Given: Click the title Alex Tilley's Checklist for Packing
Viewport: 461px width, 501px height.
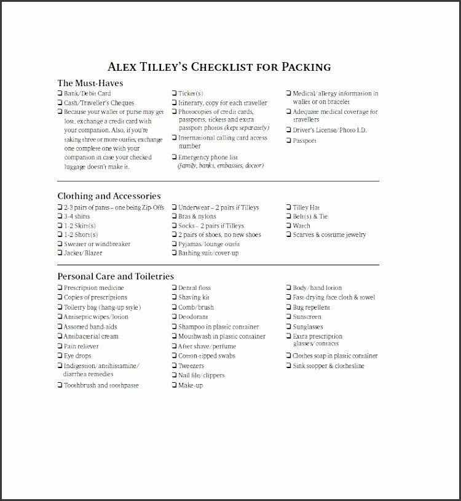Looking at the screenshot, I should tap(219, 67).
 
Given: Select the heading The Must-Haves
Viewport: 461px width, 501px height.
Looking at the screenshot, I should tap(90, 83).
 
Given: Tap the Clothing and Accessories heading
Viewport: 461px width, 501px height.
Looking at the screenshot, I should tap(109, 196).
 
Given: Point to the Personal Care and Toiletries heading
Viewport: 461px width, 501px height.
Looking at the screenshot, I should tap(116, 276).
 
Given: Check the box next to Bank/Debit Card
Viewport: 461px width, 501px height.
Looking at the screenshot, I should tap(60, 94).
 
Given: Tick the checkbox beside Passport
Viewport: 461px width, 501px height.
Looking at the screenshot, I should tap(288, 141).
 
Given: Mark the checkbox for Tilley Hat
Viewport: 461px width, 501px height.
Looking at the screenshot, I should tap(288, 207).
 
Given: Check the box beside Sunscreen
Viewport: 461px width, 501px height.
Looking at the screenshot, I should tap(288, 317).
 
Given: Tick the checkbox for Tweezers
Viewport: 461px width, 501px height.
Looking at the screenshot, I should tap(175, 366).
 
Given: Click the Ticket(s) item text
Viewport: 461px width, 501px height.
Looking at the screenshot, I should tap(191, 94).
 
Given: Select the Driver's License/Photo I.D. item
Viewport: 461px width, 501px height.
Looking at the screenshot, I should tap(329, 130).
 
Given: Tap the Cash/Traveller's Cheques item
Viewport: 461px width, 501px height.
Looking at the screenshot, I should tap(98, 103).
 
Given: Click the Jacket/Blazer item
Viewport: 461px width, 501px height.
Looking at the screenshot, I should tap(83, 253).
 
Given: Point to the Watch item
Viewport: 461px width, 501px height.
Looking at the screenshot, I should tap(301, 226).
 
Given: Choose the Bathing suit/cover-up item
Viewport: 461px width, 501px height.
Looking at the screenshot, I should tap(208, 253).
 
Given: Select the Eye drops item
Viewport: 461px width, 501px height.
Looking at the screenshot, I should tap(77, 356).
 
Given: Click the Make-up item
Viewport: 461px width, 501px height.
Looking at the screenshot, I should tap(191, 385).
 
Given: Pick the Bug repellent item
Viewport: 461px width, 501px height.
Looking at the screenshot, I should tap(311, 307).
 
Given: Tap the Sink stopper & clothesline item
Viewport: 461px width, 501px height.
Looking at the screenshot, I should tap(328, 366).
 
